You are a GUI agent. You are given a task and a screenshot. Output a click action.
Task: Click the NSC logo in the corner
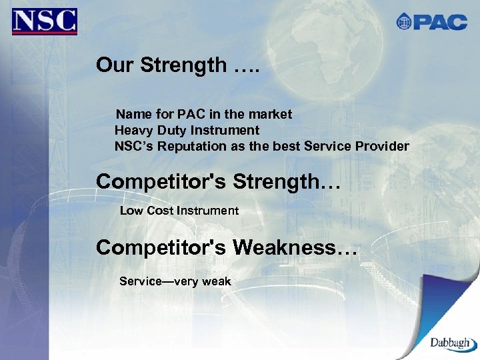[x=44, y=21]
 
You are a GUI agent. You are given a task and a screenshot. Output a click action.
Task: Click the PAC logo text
[x=440, y=22]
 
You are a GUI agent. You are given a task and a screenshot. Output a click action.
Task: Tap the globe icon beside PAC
[x=404, y=22]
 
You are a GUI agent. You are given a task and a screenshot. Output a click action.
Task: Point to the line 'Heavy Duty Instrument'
[x=187, y=130]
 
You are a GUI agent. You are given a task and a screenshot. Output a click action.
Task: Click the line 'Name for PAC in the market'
[x=204, y=115]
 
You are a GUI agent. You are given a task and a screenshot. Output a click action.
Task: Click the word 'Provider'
[x=384, y=146]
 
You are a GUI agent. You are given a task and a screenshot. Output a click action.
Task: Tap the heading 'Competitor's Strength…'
[x=218, y=181]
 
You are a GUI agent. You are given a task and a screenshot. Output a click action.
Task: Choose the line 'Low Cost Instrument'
[x=179, y=211]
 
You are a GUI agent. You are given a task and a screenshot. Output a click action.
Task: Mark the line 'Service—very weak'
[x=175, y=281]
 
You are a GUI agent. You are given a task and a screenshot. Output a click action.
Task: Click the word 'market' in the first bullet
[x=273, y=115]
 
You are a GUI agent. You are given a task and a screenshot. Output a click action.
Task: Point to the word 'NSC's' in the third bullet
[x=133, y=146]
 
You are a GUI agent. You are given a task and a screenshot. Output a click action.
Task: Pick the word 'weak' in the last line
[x=217, y=281]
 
